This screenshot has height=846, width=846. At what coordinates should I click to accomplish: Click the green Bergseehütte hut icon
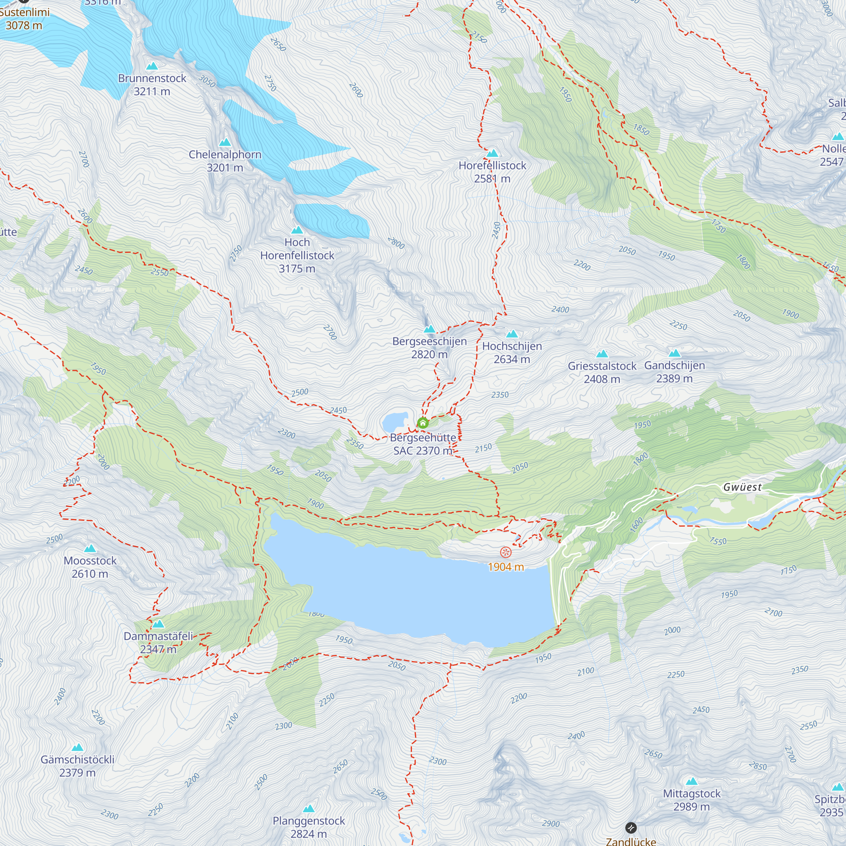[x=423, y=423]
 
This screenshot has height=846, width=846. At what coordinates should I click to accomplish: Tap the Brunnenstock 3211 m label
[x=152, y=85]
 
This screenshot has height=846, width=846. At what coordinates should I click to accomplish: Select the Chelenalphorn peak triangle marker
[x=225, y=142]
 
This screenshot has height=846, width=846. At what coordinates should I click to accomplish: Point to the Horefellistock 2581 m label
[x=492, y=172]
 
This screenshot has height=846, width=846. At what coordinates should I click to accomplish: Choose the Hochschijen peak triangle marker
[x=512, y=335]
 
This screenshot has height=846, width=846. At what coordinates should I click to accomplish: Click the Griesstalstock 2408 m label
[x=602, y=372]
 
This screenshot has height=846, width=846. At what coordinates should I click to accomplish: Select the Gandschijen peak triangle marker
[x=674, y=353]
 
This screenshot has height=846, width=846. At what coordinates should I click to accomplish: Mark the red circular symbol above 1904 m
[x=506, y=552]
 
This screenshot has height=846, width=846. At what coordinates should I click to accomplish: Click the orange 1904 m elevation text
[x=506, y=567]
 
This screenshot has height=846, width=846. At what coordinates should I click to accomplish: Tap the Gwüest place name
[x=742, y=487]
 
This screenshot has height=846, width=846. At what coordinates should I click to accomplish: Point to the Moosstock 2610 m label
[x=90, y=567]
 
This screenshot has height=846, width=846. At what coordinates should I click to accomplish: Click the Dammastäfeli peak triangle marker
[x=159, y=624]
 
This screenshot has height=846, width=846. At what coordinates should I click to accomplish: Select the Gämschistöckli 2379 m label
[x=77, y=766]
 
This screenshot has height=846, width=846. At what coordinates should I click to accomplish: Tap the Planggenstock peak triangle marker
[x=309, y=808]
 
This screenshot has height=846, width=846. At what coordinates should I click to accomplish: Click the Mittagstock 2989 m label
[x=692, y=799]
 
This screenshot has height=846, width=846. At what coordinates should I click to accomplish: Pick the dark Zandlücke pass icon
[x=631, y=828]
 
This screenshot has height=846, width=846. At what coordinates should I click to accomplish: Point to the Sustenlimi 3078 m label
[x=24, y=18]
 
